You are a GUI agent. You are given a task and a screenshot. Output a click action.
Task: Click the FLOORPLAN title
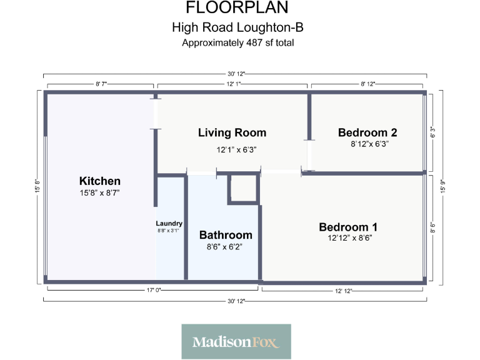pos(237,8)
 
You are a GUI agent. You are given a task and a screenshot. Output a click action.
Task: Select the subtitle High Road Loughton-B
pos(237,27)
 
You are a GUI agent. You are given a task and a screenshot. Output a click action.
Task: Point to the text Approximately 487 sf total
pos(237,43)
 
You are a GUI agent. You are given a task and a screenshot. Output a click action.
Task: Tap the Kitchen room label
pos(100,181)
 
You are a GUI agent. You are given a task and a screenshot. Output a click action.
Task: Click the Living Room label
pos(232,132)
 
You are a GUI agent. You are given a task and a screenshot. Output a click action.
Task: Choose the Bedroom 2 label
pos(367,132)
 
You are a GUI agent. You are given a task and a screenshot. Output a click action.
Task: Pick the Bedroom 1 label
pos(348,227)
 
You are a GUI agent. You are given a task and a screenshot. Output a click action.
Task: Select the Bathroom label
pos(226,235)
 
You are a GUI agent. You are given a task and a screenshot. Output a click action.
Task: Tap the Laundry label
pos(169,223)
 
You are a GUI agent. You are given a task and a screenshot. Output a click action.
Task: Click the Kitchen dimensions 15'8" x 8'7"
pos(100,193)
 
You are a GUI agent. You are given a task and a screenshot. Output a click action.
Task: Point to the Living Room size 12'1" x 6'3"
pos(237,149)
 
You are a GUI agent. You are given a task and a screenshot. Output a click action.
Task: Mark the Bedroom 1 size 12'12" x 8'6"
pos(348,237)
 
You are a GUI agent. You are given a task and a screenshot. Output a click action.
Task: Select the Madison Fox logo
pos(236,342)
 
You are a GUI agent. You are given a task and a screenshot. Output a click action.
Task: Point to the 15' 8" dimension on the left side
pos(37,186)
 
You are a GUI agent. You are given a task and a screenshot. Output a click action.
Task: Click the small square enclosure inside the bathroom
pos(242,189)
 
